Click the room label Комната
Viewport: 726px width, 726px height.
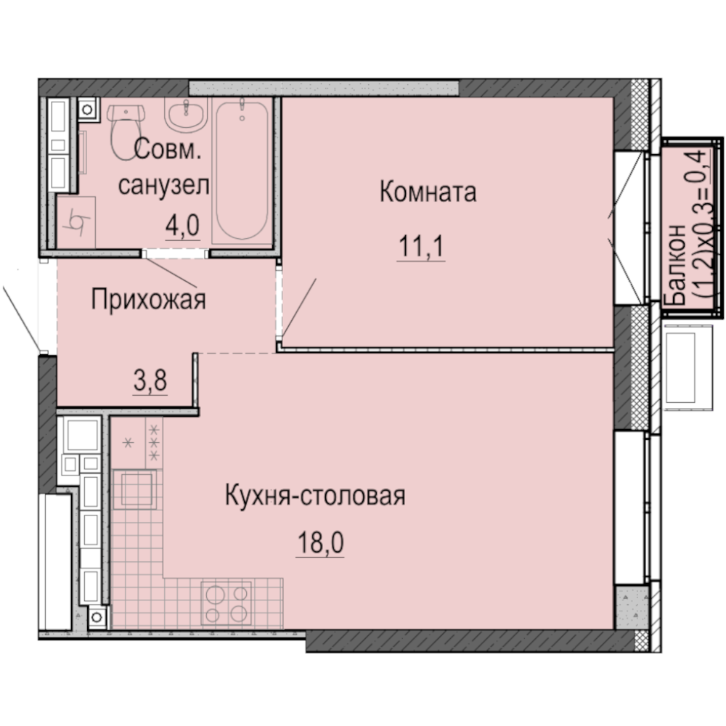[428, 193]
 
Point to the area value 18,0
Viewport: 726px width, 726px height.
[319, 543]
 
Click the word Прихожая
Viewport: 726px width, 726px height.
[148, 299]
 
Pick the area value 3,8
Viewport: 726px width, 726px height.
[150, 380]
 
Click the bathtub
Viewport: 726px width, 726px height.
[242, 170]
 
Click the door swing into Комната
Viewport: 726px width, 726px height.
[299, 305]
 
